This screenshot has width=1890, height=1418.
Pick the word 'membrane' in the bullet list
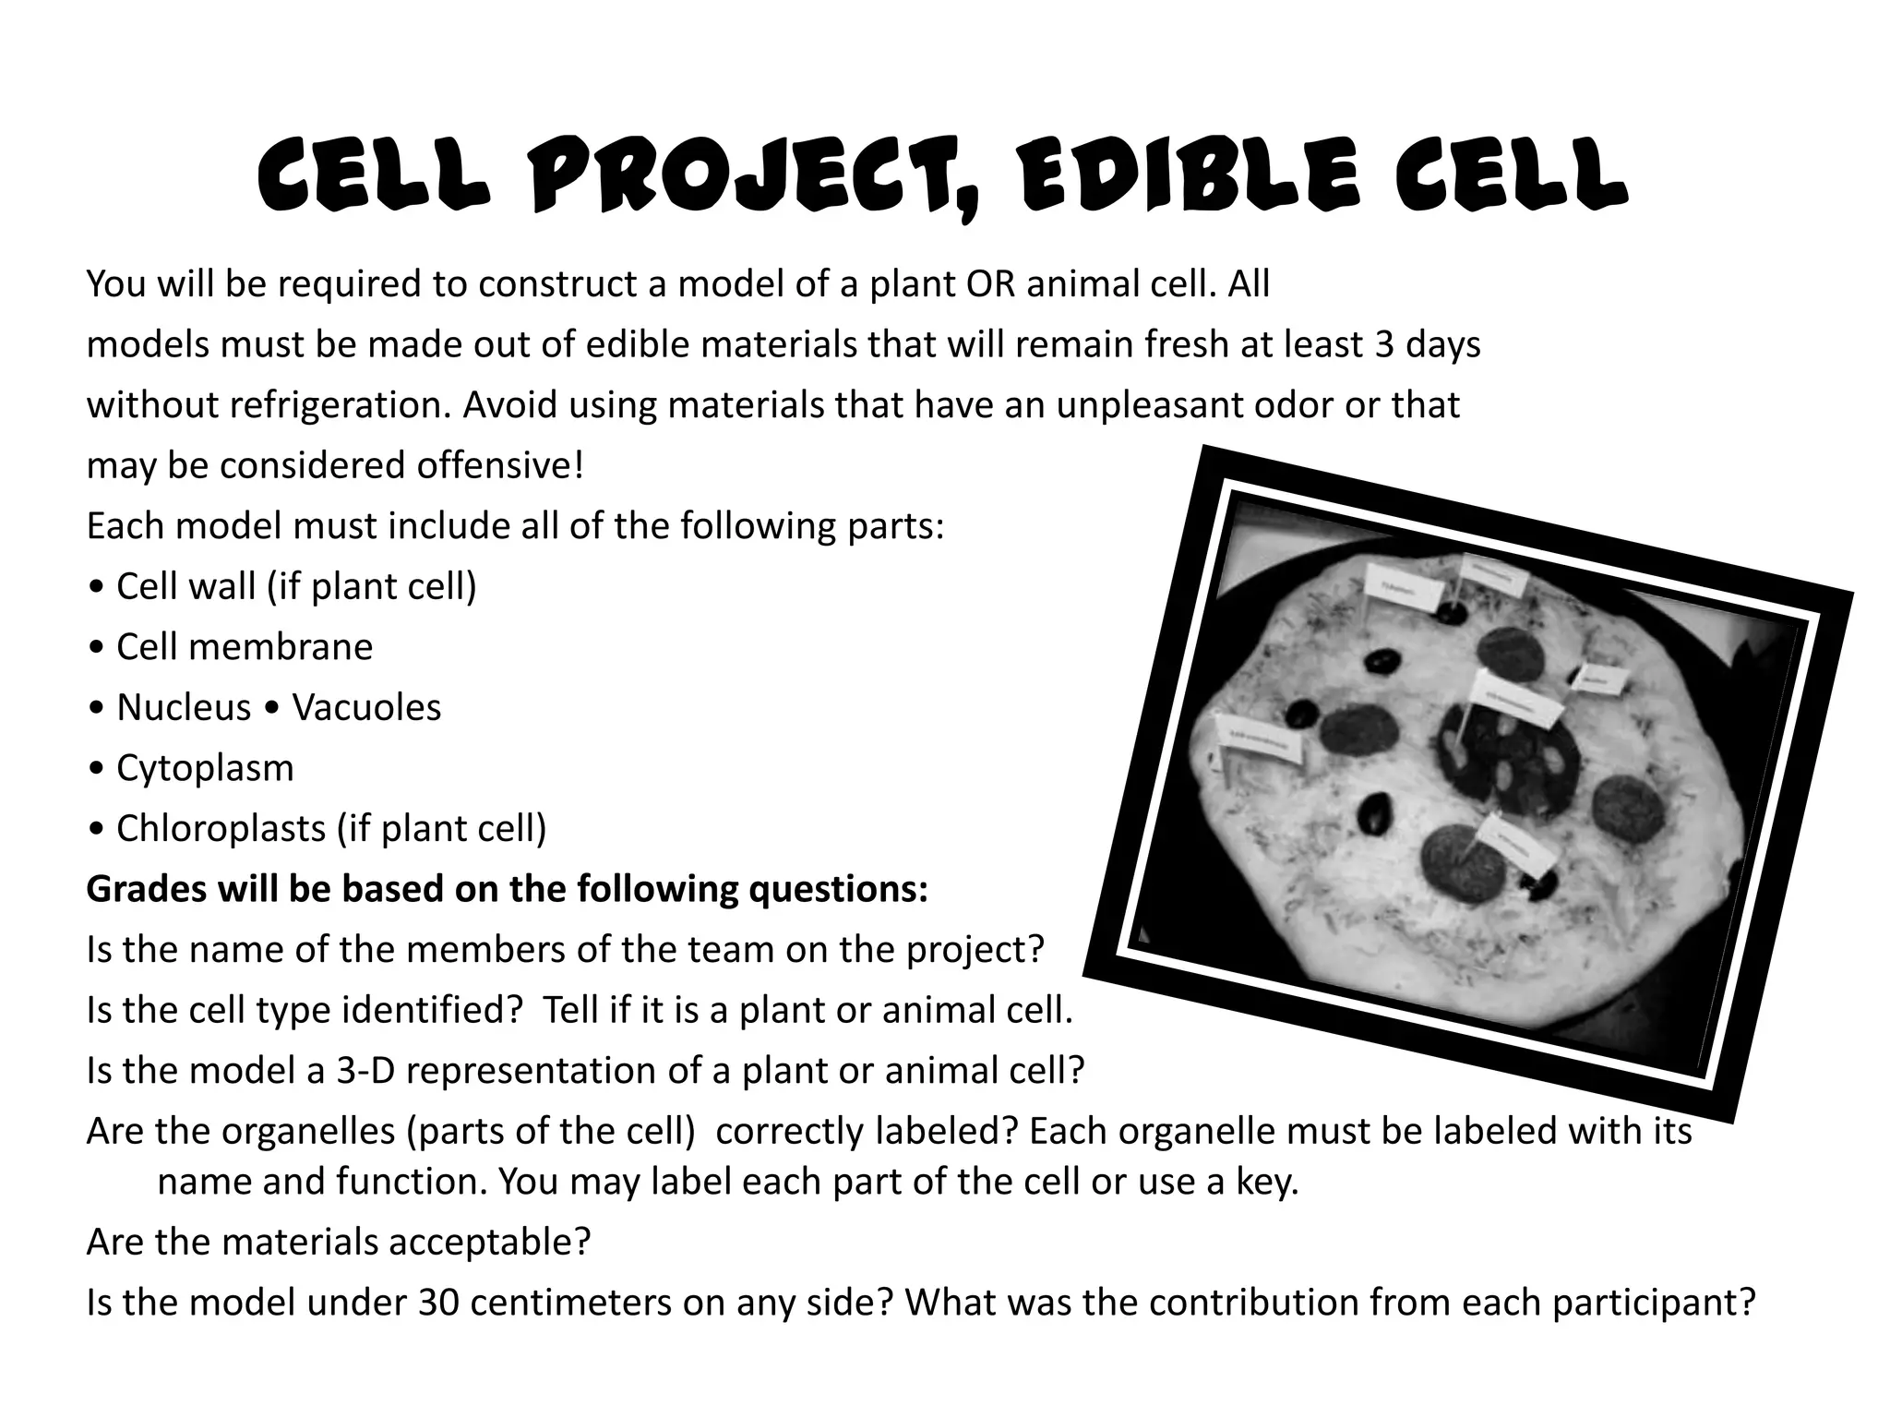point(281,647)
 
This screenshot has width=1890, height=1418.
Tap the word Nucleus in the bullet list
point(184,708)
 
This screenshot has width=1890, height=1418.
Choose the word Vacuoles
point(366,708)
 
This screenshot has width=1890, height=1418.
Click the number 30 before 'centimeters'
point(439,1303)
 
